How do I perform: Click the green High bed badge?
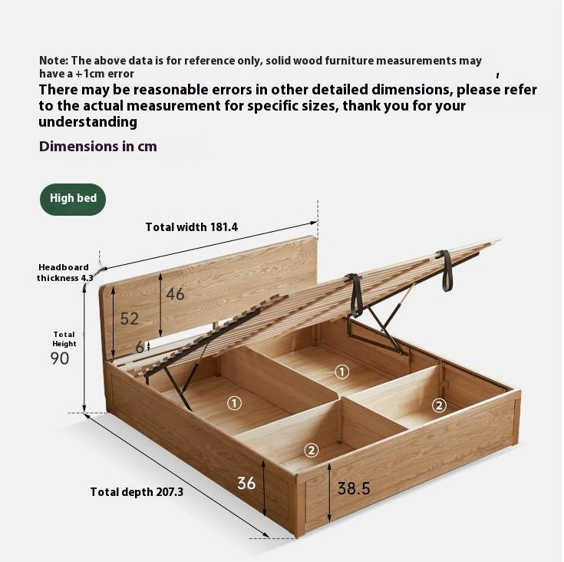coord(73,199)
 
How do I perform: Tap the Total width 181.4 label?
coord(192,227)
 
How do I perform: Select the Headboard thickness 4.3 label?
coord(64,273)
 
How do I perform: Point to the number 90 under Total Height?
coord(60,358)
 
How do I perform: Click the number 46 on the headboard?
coord(176,294)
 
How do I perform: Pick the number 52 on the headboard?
coord(129,319)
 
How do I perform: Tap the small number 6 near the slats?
coord(139,347)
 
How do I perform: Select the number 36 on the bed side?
coord(246,483)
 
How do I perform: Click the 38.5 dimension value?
coord(354,488)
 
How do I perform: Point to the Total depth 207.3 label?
coord(137,492)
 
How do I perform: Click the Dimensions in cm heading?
coord(98,147)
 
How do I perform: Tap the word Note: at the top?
coord(54,60)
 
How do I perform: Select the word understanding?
coord(87,122)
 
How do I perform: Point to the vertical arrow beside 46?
coord(160,304)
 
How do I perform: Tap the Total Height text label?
coord(64,339)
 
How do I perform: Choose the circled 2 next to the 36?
coord(312,451)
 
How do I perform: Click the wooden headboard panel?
coord(230,276)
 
